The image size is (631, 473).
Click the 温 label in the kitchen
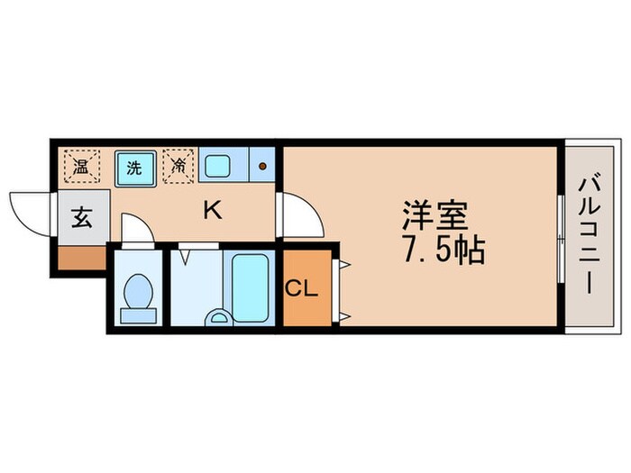coord(80,167)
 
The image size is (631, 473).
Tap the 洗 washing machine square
coord(133,167)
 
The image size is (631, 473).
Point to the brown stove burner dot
coord(262,167)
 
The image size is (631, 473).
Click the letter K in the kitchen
coord(212,211)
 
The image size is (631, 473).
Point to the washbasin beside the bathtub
coord(217,317)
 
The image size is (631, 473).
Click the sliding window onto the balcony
coord(561,236)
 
